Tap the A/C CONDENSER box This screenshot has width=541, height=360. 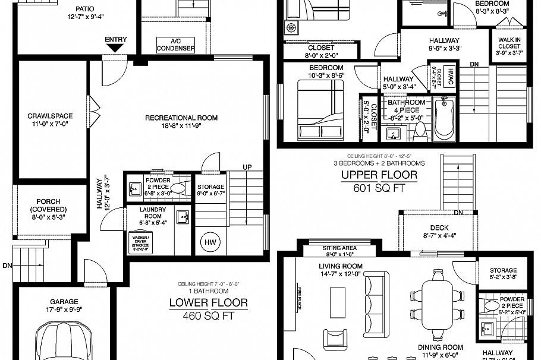click(175, 45)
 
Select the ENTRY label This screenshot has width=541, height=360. click(115, 40)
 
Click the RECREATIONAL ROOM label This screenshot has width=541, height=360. click(181, 118)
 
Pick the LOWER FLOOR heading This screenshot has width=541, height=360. click(208, 303)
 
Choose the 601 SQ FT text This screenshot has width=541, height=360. click(379, 187)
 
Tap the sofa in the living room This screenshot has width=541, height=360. click(375, 295)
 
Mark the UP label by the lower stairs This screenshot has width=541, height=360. click(247, 167)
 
